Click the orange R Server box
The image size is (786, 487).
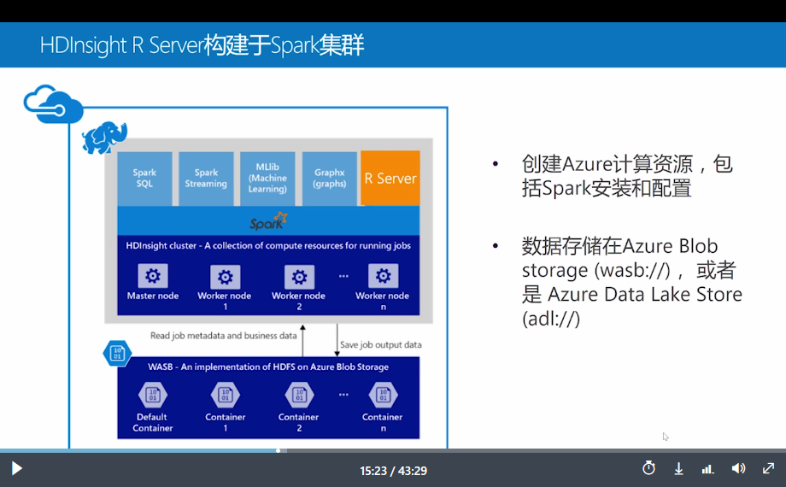pos(390,178)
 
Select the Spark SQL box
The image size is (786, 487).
pos(144,179)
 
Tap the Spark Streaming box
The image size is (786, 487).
pos(206,179)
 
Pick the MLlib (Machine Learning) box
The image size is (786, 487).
pos(267,179)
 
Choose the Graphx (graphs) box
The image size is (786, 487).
pos(329,179)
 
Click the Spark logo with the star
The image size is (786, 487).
pos(268,221)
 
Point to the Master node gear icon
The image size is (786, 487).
pos(153,276)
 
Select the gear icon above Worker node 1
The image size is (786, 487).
pos(225,277)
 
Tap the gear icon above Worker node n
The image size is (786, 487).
pos(383,276)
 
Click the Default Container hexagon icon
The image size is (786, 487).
pos(152,395)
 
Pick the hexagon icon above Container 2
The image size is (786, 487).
pos(299,395)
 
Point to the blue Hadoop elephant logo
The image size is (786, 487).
pos(104,137)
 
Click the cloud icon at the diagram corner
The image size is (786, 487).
pos(53,104)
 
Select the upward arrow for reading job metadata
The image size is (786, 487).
pos(302,341)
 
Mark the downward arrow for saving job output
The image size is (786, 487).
pos(337,341)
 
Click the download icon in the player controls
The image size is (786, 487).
pos(678,469)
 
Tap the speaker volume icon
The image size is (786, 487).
pos(738,468)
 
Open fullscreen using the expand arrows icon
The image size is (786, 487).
pos(768,468)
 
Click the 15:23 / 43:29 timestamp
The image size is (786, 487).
pos(394,471)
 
